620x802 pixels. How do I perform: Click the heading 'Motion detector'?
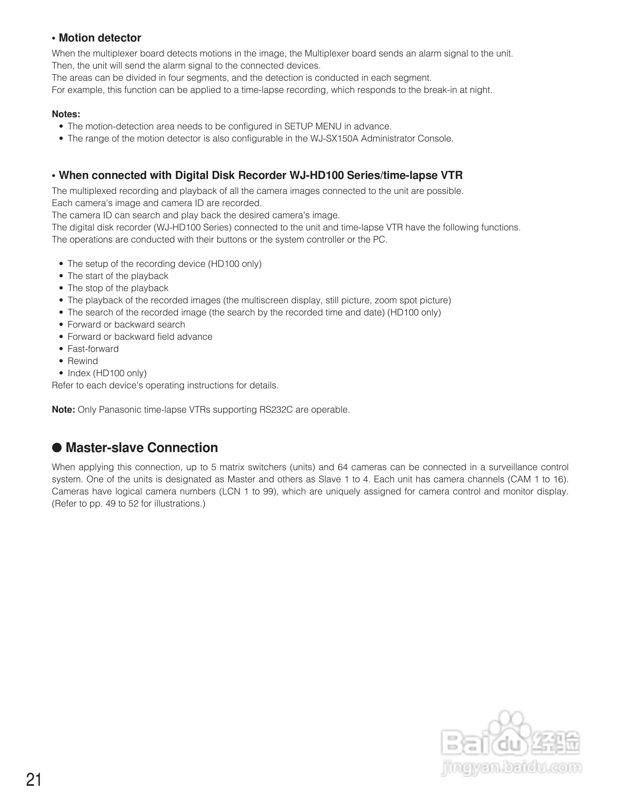pyautogui.click(x=100, y=38)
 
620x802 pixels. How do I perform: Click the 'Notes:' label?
pyautogui.click(x=66, y=114)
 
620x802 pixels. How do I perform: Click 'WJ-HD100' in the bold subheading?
pyautogui.click(x=316, y=175)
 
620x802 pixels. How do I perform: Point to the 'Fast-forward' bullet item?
pyautogui.click(x=93, y=349)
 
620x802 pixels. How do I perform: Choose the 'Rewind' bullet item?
pyautogui.click(x=83, y=361)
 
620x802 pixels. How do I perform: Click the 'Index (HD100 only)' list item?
pyautogui.click(x=107, y=373)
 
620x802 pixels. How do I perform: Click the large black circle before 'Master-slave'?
pyautogui.click(x=57, y=448)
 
